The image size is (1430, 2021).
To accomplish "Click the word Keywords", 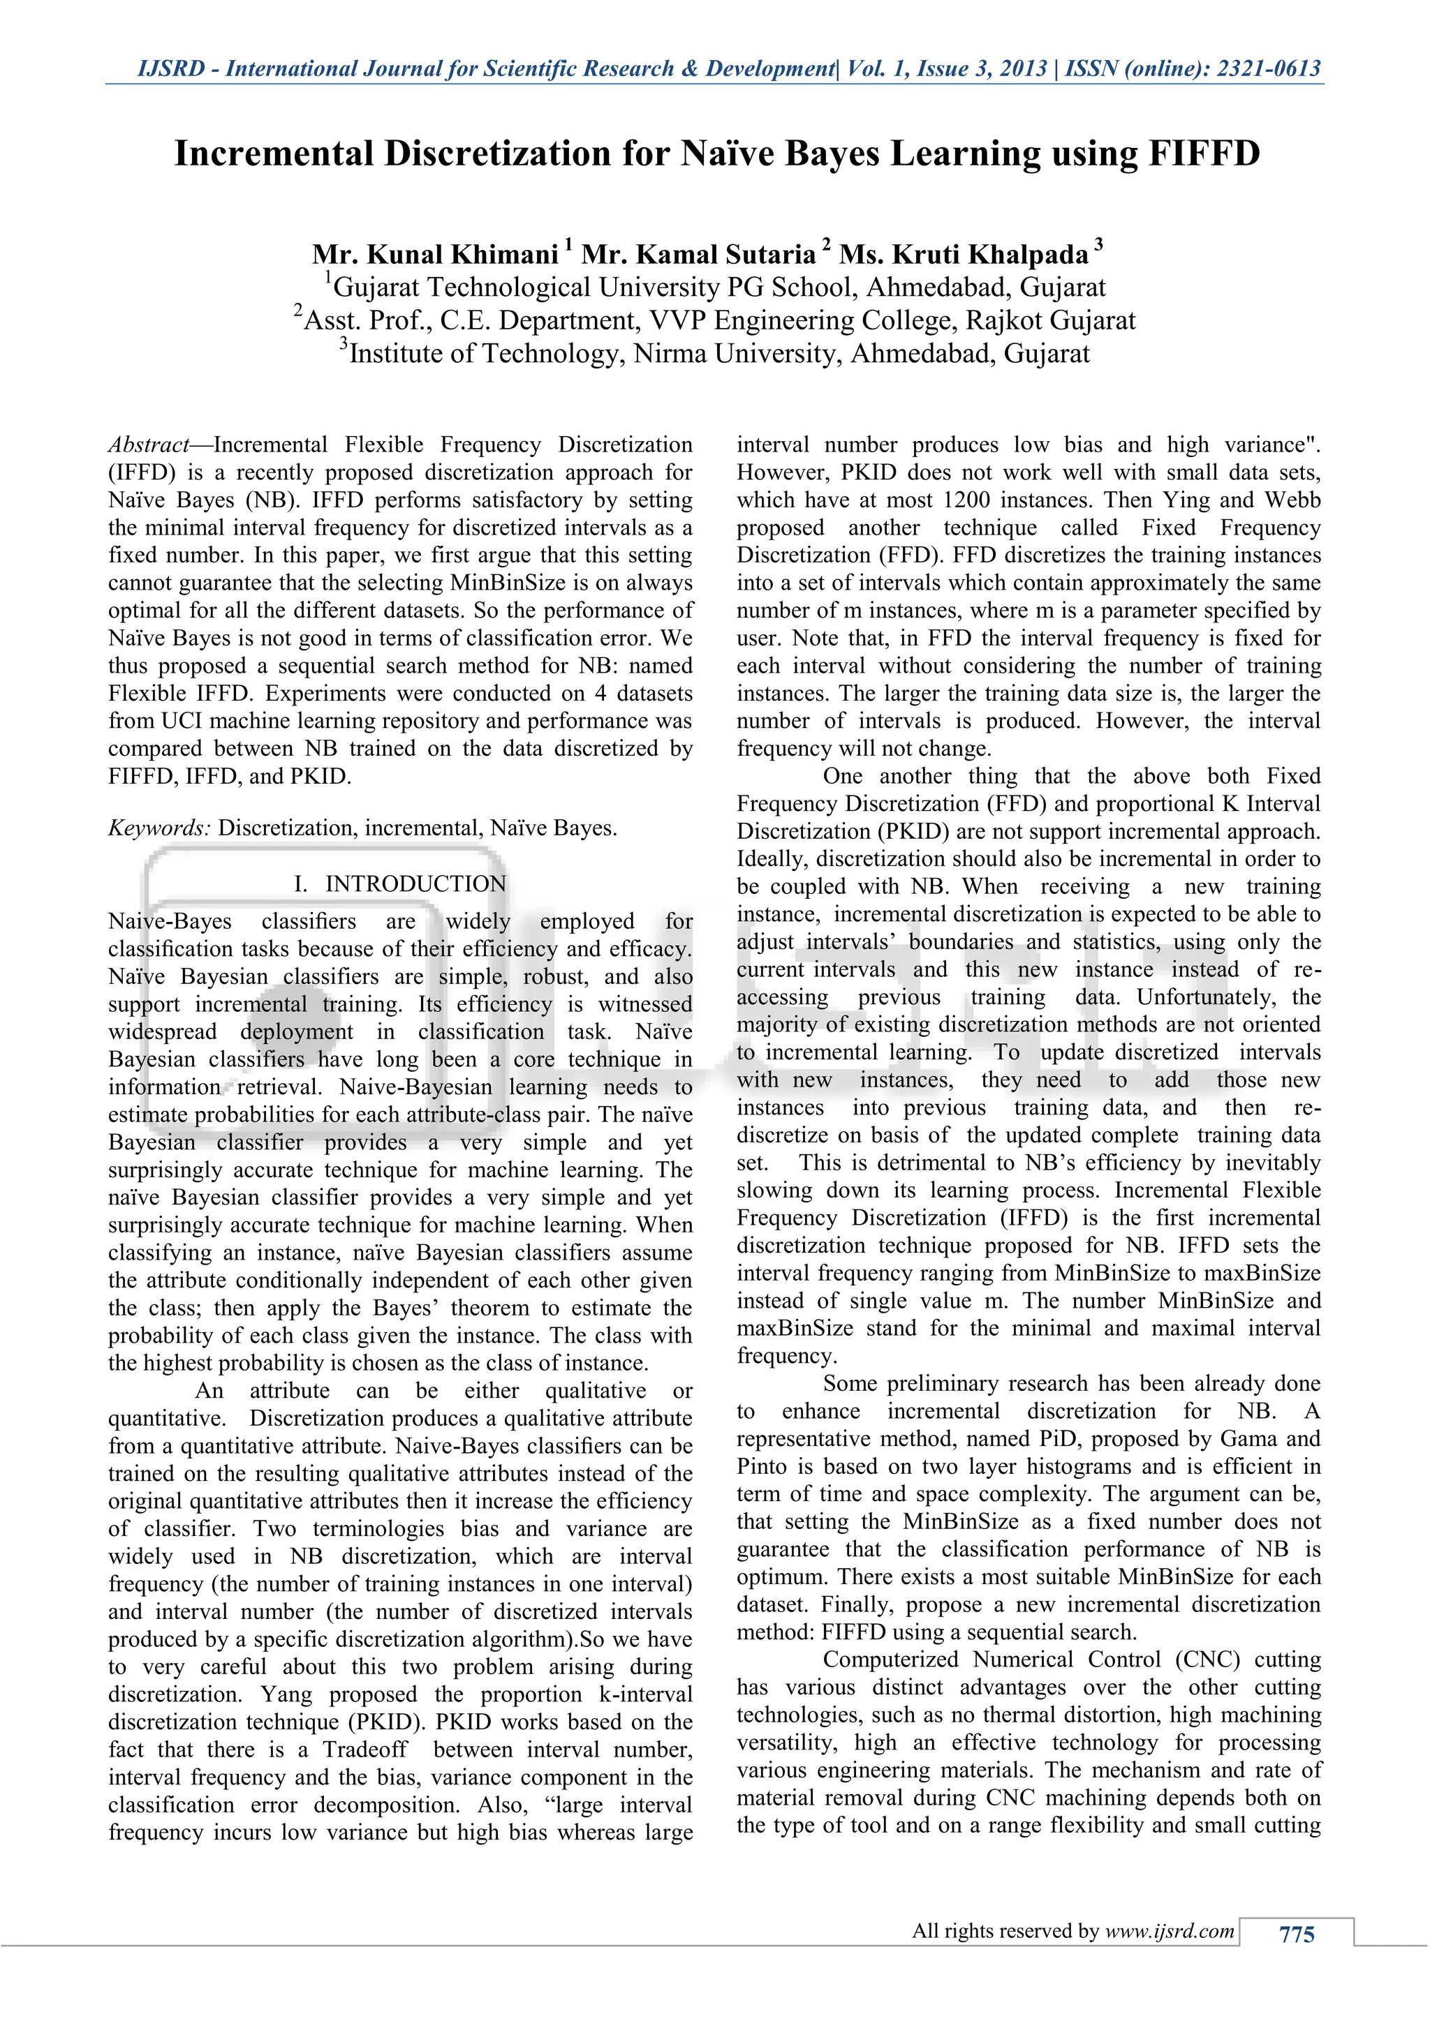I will coord(159,828).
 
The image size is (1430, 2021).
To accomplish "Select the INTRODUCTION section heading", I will coord(415,883).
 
